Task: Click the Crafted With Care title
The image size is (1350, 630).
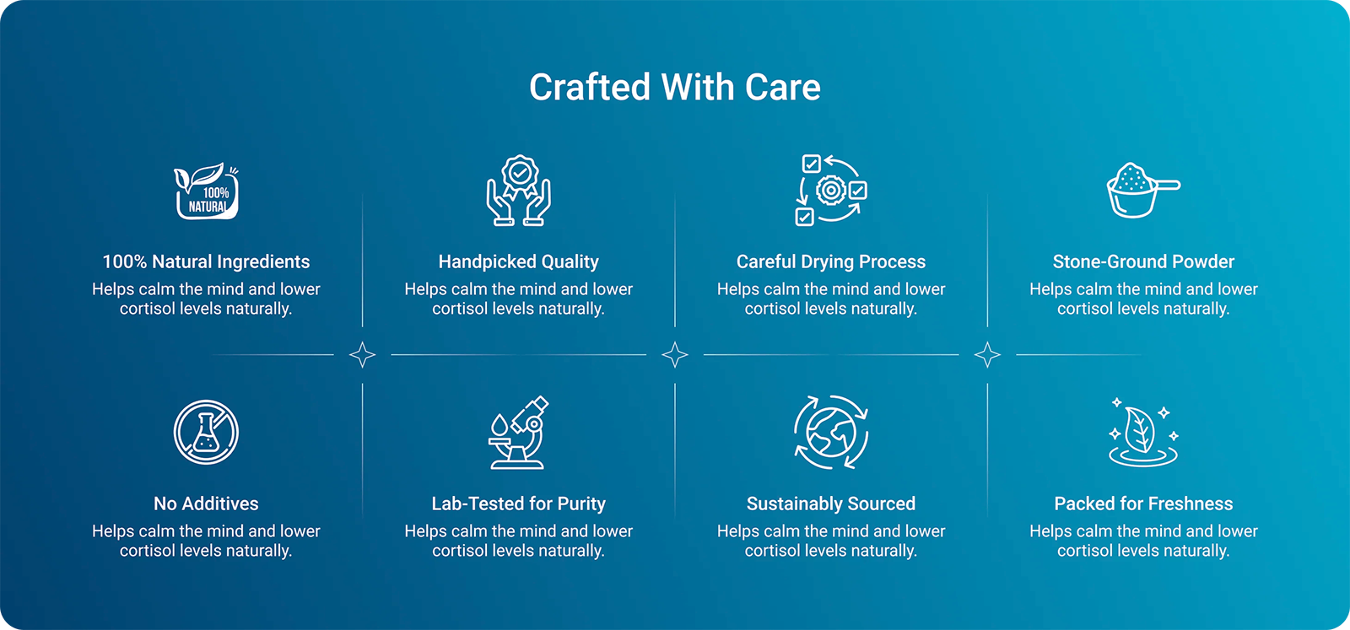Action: click(x=675, y=88)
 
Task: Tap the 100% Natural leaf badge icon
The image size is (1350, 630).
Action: click(x=206, y=191)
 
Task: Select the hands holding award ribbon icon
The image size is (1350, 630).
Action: click(x=518, y=191)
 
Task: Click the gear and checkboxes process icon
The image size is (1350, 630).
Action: click(x=831, y=191)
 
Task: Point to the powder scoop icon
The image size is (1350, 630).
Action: click(x=1143, y=190)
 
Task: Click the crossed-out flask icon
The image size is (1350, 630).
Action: click(x=206, y=433)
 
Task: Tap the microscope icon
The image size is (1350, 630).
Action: click(x=518, y=433)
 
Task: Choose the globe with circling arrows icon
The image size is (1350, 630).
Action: click(x=831, y=433)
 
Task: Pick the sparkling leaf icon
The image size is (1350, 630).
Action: click(x=1143, y=433)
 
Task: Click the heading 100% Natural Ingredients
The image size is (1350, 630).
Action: click(x=206, y=262)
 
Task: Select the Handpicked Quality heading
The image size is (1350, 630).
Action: click(x=518, y=262)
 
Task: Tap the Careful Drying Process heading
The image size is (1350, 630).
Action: click(x=831, y=262)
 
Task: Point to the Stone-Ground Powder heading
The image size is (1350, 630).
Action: click(x=1143, y=262)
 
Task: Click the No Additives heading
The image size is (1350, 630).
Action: click(x=206, y=503)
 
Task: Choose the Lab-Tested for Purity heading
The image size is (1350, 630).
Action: click(x=518, y=503)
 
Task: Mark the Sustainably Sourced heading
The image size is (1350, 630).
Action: click(x=831, y=503)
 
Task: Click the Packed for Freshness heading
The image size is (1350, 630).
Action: click(x=1143, y=503)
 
